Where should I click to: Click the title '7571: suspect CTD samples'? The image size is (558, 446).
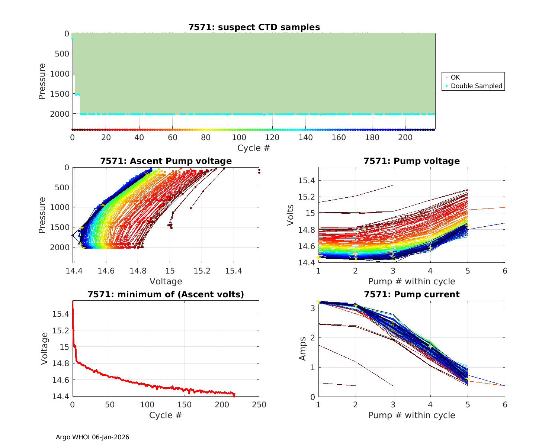[254, 27]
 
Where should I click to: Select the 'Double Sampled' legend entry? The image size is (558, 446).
[476, 86]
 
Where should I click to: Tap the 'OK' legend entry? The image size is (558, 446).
[455, 77]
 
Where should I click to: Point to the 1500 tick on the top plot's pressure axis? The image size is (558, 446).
[59, 94]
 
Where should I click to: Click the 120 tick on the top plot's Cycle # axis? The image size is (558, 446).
[272, 138]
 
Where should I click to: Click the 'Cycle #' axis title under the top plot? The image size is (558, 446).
[254, 148]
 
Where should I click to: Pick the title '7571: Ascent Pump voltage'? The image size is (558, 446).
[166, 161]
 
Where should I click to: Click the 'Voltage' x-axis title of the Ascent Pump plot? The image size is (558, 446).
[166, 281]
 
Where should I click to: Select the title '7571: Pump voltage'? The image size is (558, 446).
[411, 161]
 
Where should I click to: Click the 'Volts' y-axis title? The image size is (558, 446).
[291, 215]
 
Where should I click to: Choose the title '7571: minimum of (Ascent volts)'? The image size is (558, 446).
[166, 294]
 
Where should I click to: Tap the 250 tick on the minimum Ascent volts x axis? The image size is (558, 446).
[259, 405]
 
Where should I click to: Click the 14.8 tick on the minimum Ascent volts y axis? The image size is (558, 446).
[60, 363]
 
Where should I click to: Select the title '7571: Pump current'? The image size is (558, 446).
[411, 294]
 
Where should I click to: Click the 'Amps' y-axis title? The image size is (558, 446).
[303, 349]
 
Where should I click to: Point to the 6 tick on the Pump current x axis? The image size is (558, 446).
[505, 405]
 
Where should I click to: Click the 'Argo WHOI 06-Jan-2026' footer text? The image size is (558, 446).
[93, 437]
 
